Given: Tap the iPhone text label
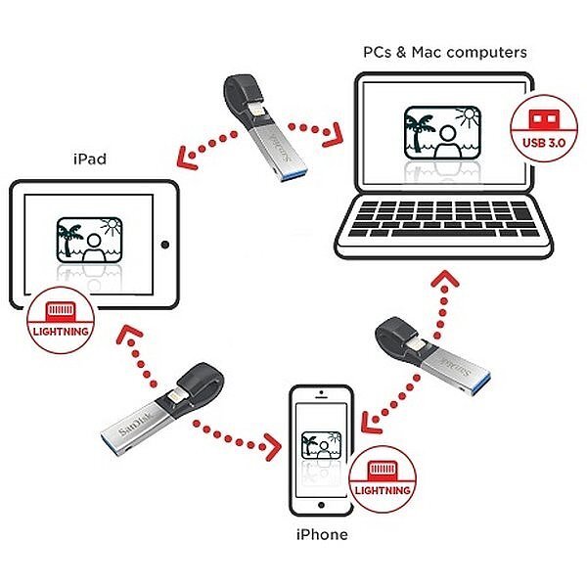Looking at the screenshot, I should point(321,535).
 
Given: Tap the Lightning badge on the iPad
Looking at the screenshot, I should point(61,317).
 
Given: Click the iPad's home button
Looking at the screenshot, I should point(163,243).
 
